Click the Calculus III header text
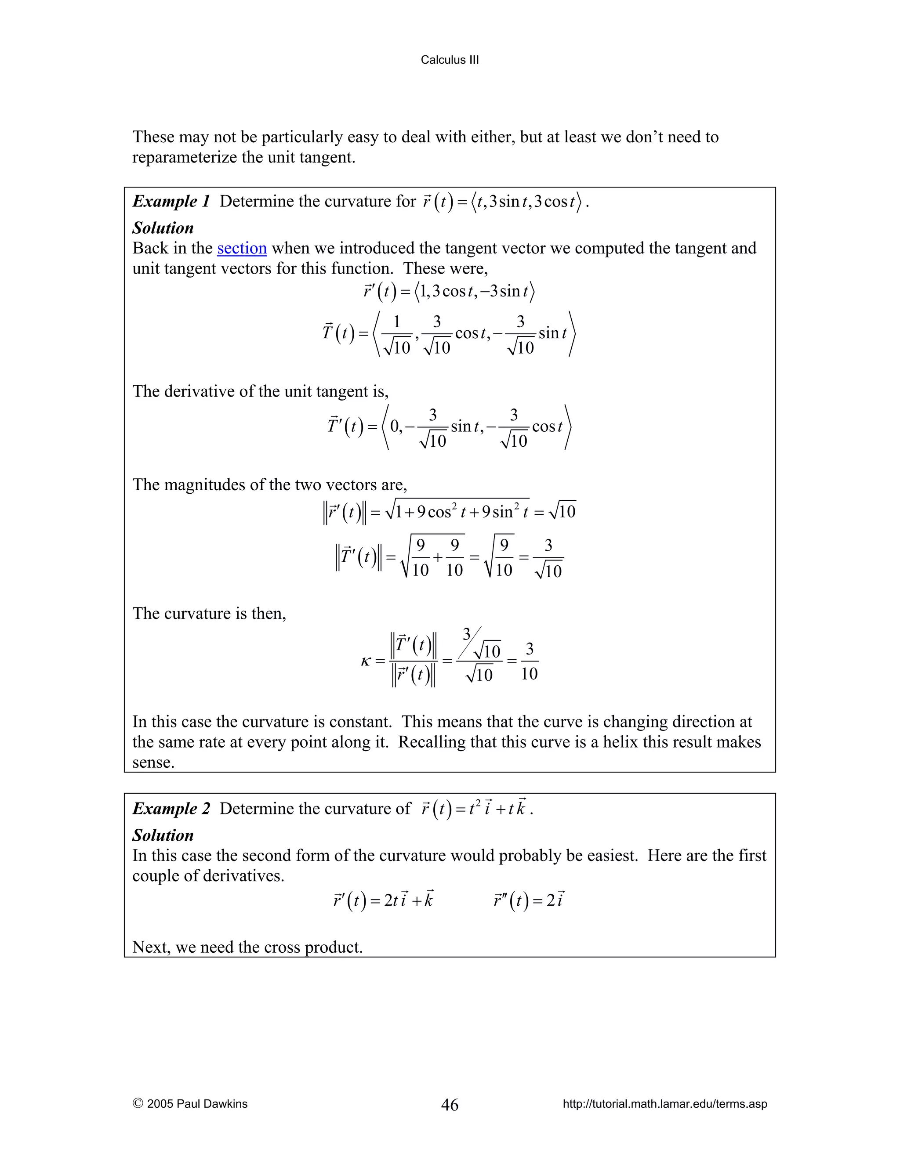[x=450, y=60]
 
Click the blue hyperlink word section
[x=242, y=248]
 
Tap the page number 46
[x=450, y=1104]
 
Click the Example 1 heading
[x=171, y=202]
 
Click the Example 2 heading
[x=171, y=809]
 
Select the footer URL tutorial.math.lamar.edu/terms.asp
[x=664, y=1104]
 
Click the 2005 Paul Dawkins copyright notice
[x=190, y=1104]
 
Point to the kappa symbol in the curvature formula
[x=365, y=662]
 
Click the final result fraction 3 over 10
[x=529, y=662]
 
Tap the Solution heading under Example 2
[x=163, y=835]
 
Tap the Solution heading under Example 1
[x=163, y=228]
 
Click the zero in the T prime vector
[x=395, y=427]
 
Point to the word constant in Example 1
[x=360, y=722]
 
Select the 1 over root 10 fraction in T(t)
[x=397, y=335]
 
